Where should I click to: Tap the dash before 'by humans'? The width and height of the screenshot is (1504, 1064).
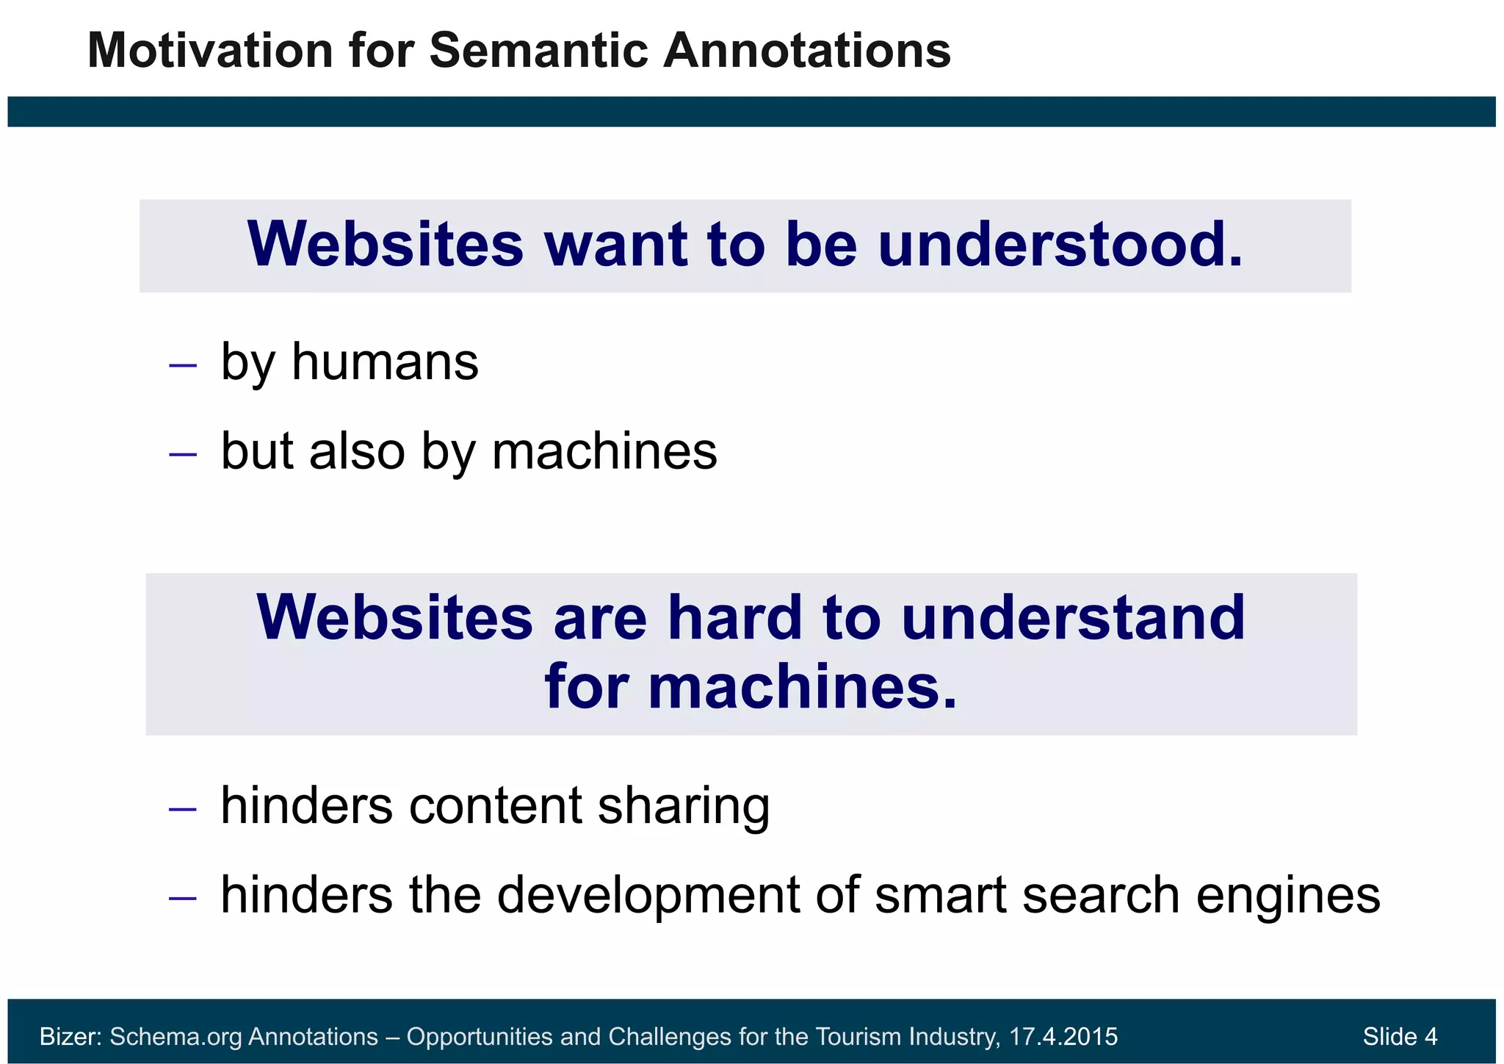(x=182, y=364)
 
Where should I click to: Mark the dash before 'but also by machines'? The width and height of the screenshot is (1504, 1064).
(x=182, y=454)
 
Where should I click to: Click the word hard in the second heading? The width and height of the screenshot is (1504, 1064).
(x=734, y=618)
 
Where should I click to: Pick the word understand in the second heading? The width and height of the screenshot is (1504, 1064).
(x=1073, y=618)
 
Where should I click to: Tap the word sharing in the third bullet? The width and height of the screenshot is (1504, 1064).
(x=684, y=806)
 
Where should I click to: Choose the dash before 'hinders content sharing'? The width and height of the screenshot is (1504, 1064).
(x=182, y=809)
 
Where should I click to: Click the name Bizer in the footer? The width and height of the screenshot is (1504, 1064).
(x=69, y=1036)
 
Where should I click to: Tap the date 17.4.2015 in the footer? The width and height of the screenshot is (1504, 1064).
(x=1063, y=1036)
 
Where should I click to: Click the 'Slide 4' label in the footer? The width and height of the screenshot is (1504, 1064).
(x=1400, y=1036)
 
